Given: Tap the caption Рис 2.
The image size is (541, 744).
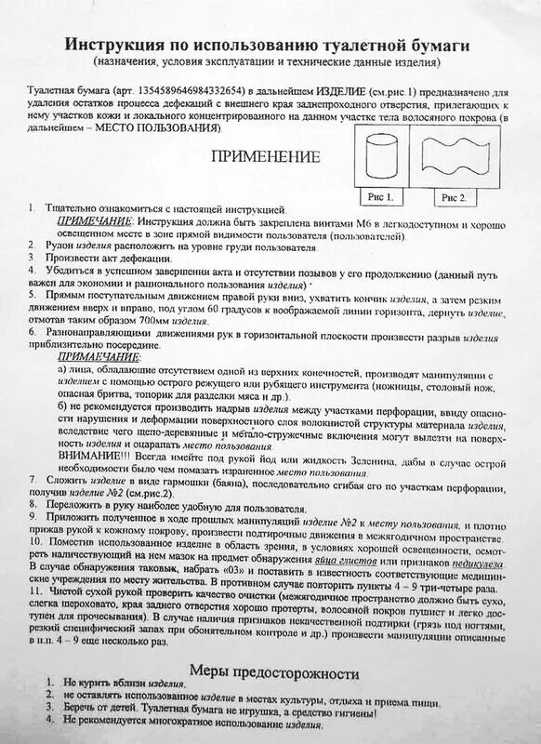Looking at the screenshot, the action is (x=452, y=196).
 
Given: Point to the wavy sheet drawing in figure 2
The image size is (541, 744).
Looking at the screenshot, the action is (x=453, y=158).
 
